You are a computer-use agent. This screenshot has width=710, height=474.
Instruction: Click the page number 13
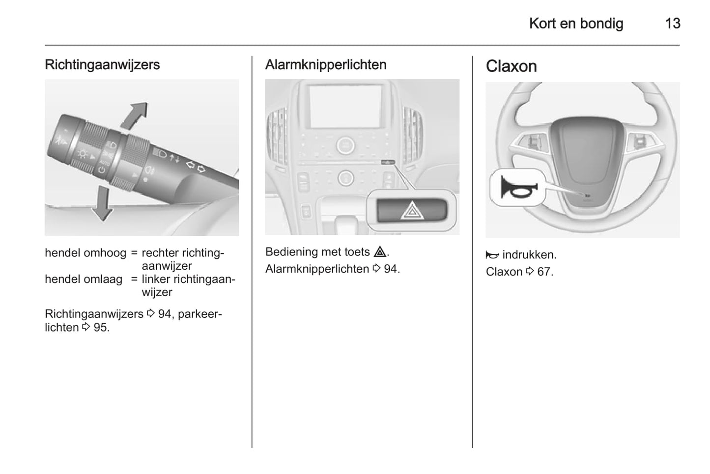672,24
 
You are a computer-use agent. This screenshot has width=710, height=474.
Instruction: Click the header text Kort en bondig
576,24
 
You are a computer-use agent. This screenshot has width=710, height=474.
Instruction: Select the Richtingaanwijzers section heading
102,65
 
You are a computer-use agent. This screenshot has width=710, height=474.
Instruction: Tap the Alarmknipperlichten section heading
326,65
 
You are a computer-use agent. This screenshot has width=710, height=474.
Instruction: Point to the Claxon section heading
511,66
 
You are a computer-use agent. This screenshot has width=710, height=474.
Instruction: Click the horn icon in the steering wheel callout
517,187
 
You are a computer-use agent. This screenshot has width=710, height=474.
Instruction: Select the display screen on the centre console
345,106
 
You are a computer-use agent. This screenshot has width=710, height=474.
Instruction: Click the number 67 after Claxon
543,272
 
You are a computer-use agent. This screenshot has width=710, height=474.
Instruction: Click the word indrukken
529,255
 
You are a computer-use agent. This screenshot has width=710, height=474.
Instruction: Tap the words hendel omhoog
85,253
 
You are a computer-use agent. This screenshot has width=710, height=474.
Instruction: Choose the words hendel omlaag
84,279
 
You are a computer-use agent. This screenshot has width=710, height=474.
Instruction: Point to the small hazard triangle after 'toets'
379,252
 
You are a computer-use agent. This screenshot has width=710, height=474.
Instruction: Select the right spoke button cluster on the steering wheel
639,142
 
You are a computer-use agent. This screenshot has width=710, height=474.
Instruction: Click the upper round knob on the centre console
345,145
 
